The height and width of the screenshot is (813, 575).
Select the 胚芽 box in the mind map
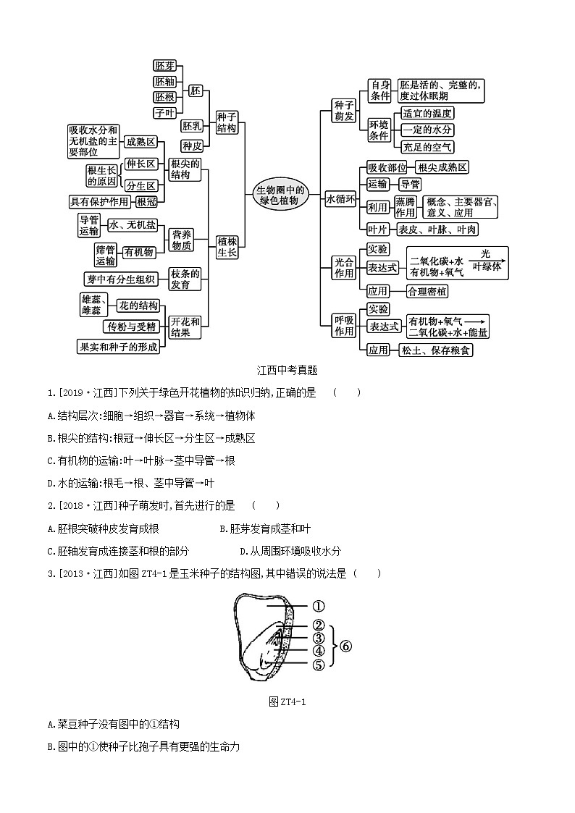[165, 66]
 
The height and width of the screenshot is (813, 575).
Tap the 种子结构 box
[227, 122]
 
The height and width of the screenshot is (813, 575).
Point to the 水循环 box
[340, 199]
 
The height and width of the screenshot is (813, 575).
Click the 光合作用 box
[344, 267]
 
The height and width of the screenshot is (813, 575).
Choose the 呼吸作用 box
[344, 326]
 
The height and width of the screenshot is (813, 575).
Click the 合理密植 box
[427, 291]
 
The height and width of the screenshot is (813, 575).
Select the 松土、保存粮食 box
[435, 350]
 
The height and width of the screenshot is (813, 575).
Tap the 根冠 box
[146, 202]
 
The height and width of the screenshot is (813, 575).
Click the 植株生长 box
[227, 246]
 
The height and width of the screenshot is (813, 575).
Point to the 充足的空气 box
[428, 147]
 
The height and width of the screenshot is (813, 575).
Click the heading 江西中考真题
[287, 370]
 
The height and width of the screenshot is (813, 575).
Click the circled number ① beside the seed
[319, 607]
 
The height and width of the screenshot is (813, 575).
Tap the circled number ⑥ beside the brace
[345, 646]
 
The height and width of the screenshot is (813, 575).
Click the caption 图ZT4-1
[287, 701]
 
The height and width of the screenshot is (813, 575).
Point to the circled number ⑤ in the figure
[319, 665]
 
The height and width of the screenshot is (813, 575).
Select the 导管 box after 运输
[410, 184]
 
